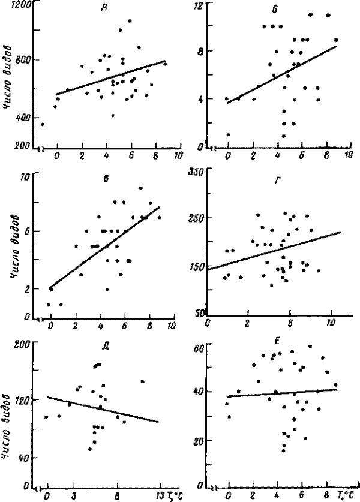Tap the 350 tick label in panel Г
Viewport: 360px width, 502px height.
(196, 172)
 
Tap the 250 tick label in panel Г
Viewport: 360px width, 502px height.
(196, 218)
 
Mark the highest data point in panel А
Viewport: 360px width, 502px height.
(130, 21)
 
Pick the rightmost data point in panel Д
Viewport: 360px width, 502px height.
(143, 381)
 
